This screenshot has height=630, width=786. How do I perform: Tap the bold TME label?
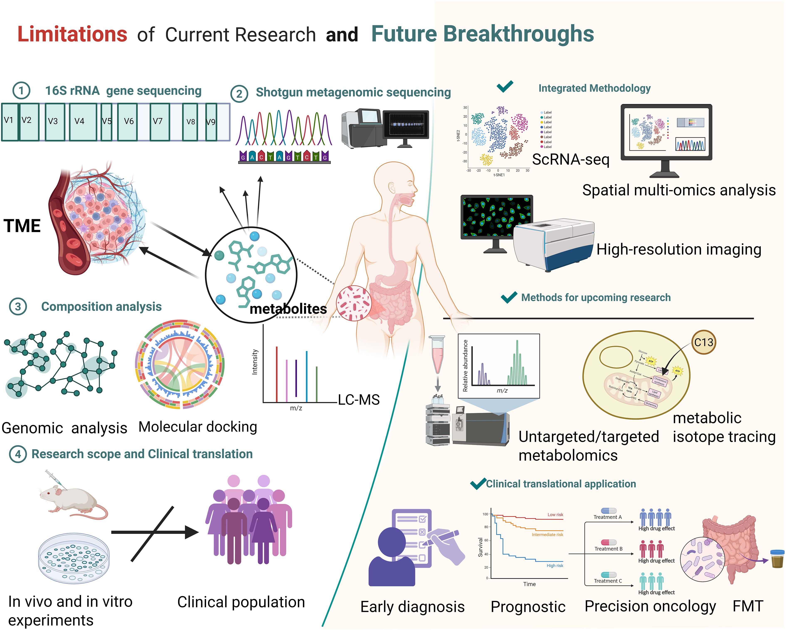click(x=22, y=226)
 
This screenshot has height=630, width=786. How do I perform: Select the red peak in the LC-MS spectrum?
click(x=277, y=374)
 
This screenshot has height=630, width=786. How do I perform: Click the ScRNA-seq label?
click(x=571, y=159)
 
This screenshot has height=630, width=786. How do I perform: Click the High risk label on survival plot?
click(x=555, y=566)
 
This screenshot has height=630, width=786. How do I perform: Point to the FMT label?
click(x=748, y=606)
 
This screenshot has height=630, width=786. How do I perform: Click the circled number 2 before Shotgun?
click(x=239, y=94)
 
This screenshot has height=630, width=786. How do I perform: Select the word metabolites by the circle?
click(x=288, y=309)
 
